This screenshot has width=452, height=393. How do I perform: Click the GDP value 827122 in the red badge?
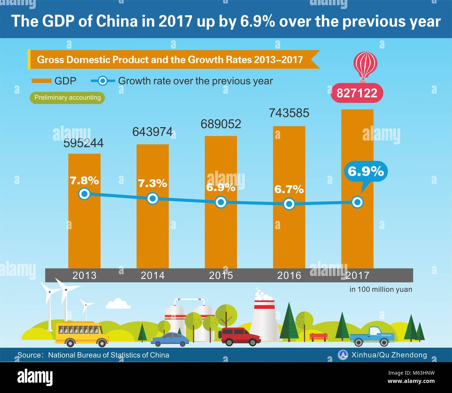click(357, 93)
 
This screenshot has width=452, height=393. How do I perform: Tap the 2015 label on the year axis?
click(221, 275)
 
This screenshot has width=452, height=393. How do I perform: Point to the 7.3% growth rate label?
click(153, 183)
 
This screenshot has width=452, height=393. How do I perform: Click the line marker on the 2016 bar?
click(289, 204)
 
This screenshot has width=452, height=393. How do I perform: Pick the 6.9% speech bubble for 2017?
click(366, 172)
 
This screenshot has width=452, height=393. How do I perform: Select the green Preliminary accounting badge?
click(67, 98)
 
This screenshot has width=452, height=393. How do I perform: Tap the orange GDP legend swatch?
click(41, 81)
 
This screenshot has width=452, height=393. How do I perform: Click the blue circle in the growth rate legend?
click(103, 81)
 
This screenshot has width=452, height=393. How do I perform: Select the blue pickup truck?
click(372, 336)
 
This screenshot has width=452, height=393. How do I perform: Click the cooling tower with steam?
click(264, 319)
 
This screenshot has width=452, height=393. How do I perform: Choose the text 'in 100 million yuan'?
click(381, 289)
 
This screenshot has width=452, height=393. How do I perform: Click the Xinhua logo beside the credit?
click(343, 354)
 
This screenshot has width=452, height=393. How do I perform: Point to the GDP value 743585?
click(289, 113)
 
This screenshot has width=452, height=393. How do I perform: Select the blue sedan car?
click(170, 339)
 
